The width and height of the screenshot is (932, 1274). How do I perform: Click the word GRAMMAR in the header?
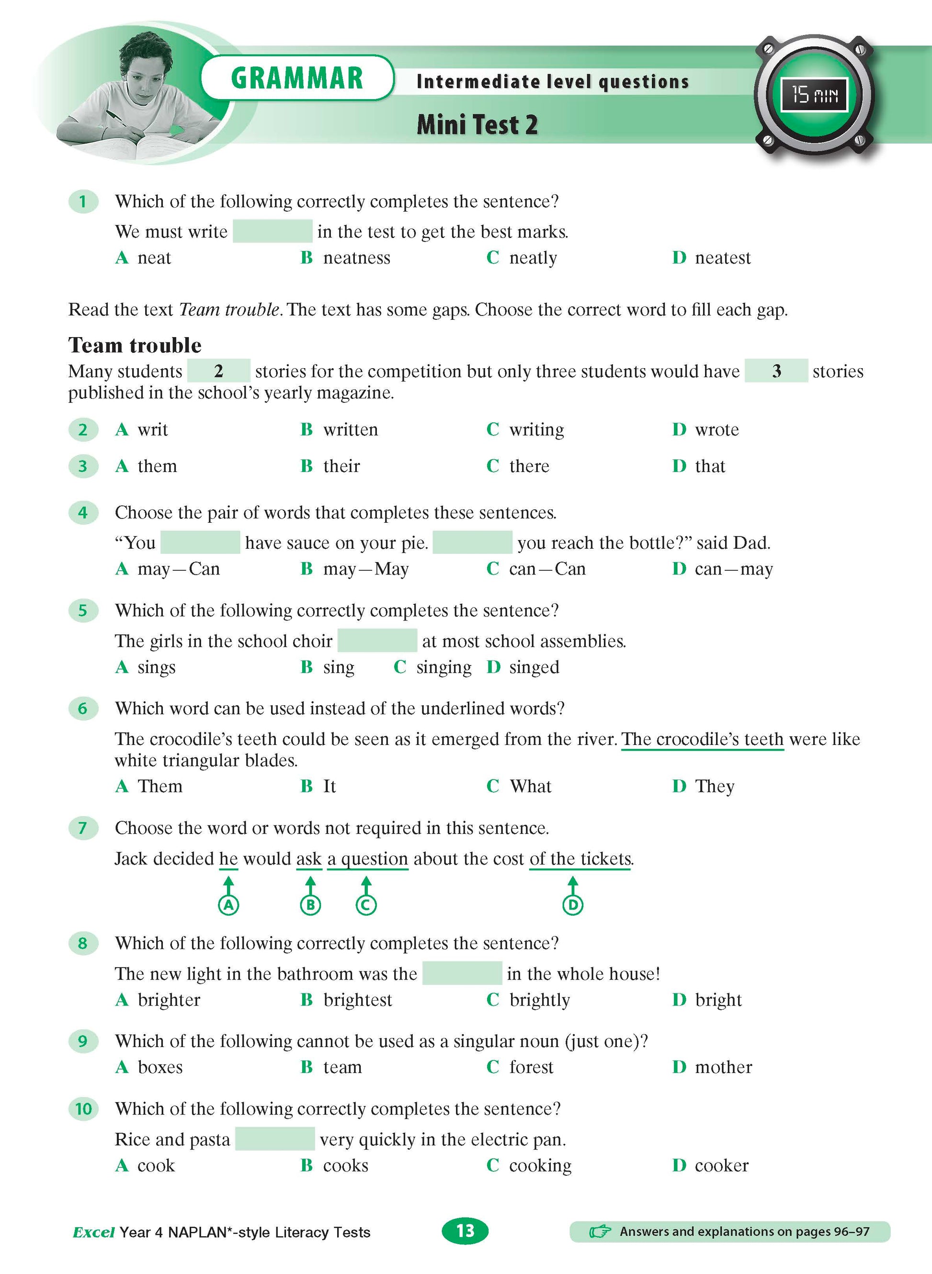click(297, 78)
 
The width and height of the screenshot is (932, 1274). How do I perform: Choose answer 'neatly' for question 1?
click(533, 258)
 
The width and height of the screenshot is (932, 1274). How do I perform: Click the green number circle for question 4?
click(83, 513)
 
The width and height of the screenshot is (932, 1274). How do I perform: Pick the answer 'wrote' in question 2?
click(716, 430)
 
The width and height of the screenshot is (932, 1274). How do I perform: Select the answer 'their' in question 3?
click(341, 466)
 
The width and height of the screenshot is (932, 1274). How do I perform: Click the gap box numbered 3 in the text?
click(776, 371)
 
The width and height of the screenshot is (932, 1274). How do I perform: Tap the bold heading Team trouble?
click(135, 345)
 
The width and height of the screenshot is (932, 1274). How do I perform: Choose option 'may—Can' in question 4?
click(178, 569)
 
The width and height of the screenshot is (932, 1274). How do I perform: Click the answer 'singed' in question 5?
click(534, 667)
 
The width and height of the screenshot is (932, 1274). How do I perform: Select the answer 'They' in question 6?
click(714, 786)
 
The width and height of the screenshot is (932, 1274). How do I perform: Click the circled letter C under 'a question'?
click(366, 905)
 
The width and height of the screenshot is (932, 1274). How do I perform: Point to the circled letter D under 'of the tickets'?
click(573, 905)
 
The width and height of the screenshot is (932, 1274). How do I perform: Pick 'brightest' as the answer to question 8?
click(357, 1000)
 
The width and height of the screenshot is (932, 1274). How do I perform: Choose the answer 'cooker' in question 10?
click(722, 1165)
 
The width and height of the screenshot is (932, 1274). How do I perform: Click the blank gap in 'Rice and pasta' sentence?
click(275, 1139)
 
